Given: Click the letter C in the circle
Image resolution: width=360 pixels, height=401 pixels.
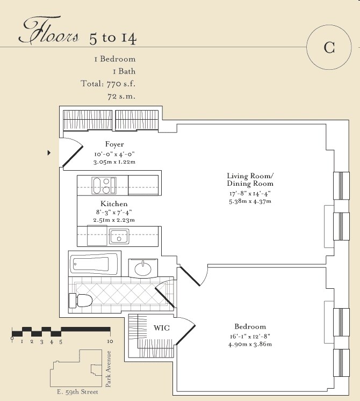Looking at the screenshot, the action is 329,47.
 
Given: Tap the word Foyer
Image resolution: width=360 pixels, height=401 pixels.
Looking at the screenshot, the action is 114,144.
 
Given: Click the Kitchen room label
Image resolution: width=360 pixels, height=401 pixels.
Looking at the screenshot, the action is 114,204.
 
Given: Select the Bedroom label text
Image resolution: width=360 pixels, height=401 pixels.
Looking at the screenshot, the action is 250,326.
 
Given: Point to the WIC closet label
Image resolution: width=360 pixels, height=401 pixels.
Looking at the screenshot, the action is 162,328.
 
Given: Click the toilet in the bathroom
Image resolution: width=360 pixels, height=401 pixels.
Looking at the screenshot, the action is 81,300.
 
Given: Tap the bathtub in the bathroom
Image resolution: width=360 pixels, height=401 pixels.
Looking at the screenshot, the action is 95,264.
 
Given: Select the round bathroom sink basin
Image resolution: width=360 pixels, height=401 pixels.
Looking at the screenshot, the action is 143,268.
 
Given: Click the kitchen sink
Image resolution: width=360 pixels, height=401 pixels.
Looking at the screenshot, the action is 119,237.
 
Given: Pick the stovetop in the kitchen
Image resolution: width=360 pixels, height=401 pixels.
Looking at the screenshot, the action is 104,185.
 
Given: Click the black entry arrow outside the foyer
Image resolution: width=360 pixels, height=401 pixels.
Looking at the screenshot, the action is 49,153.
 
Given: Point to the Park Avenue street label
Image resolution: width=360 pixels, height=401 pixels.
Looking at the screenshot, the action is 109,369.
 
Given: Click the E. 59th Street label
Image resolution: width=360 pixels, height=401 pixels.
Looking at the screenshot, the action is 77,392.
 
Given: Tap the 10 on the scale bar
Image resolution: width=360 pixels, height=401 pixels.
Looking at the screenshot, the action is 110,341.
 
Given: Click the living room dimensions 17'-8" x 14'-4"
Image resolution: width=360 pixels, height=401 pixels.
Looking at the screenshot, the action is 250,194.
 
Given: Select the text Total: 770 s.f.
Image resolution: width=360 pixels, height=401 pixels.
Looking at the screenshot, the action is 108,84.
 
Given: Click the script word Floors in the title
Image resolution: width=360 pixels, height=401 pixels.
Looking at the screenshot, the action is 49,32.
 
